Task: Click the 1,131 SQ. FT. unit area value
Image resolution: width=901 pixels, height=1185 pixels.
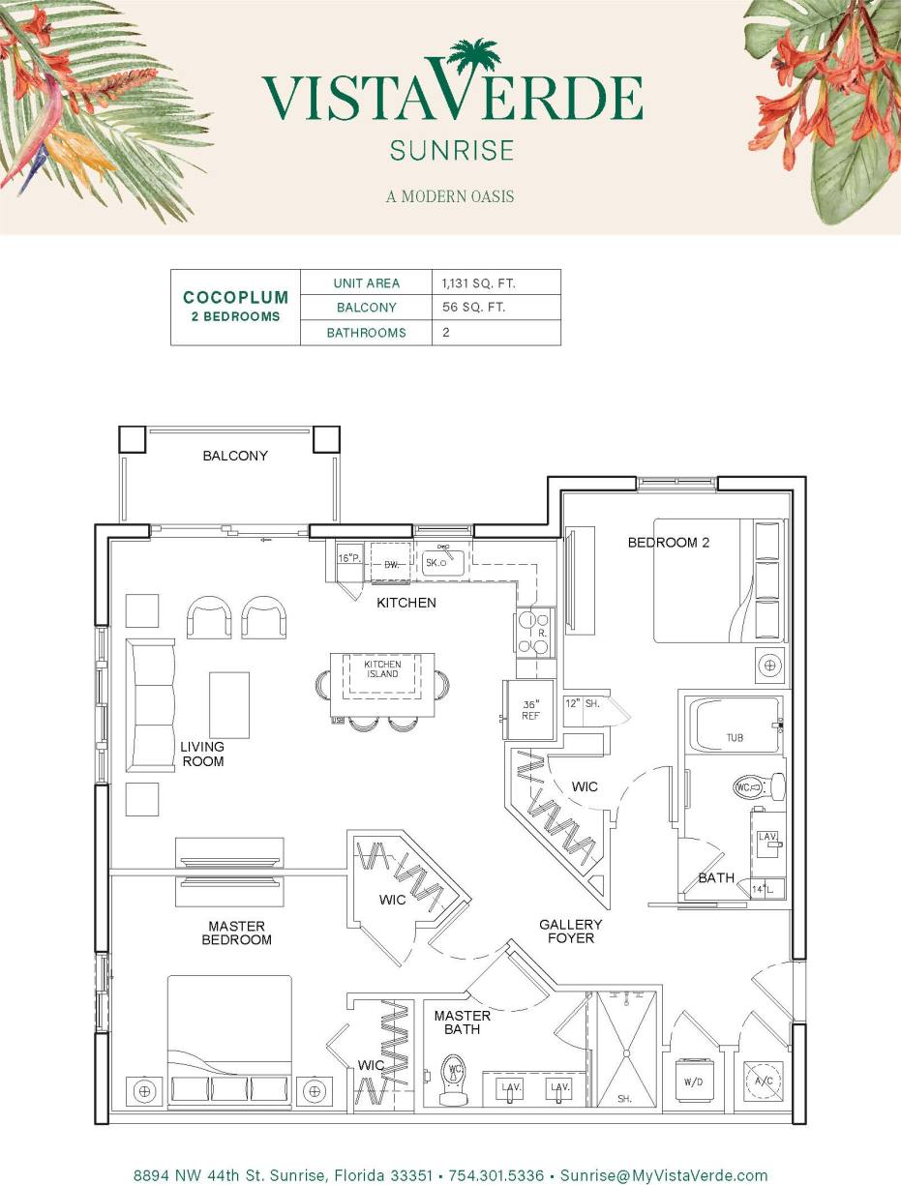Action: coord(478,283)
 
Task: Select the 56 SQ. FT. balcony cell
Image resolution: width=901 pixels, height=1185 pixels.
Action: coord(474,308)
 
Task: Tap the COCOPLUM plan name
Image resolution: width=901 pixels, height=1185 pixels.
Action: coord(235,298)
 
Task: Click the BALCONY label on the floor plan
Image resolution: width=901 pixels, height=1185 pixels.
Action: coord(235,456)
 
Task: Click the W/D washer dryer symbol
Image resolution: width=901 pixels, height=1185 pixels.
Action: coord(693,1082)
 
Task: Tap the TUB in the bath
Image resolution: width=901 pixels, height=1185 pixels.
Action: coord(736,726)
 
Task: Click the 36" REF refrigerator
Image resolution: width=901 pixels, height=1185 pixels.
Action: coord(529,710)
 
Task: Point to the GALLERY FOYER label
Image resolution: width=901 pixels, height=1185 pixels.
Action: coord(570,931)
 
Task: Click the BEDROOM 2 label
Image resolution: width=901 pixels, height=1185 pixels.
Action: coord(669,543)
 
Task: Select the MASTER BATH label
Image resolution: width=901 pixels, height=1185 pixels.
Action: coord(462,1022)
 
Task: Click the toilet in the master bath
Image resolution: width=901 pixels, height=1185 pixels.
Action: coord(453,1079)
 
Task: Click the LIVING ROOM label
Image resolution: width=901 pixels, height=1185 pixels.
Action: coord(202,754)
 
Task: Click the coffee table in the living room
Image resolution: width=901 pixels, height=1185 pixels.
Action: coord(229,705)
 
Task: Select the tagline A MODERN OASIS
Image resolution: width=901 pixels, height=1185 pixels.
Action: coord(450,196)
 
